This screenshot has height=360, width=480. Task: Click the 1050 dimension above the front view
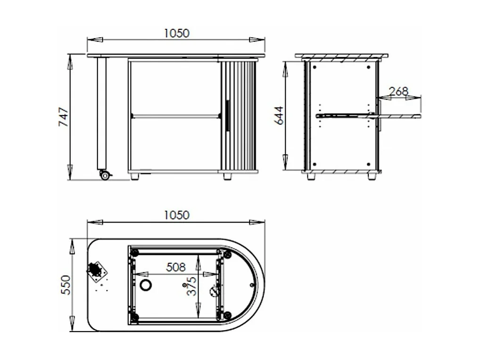[x=176, y=33]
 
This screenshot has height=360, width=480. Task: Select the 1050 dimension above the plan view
[x=176, y=215]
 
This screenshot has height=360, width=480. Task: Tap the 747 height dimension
[x=63, y=117]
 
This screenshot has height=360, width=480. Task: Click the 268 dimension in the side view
[x=399, y=91]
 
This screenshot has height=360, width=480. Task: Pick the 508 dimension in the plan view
[x=175, y=268]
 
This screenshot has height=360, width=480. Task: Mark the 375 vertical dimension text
[x=191, y=286]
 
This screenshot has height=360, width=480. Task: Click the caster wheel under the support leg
[x=105, y=176]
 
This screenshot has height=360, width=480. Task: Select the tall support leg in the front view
[x=101, y=113]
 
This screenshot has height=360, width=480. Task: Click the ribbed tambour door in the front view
[x=240, y=116]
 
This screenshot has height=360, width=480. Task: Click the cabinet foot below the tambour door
[x=228, y=176]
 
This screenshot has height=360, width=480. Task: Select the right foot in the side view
[x=372, y=176]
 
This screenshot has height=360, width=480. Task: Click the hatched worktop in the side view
[x=341, y=57]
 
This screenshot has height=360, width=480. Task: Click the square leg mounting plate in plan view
[x=97, y=271]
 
